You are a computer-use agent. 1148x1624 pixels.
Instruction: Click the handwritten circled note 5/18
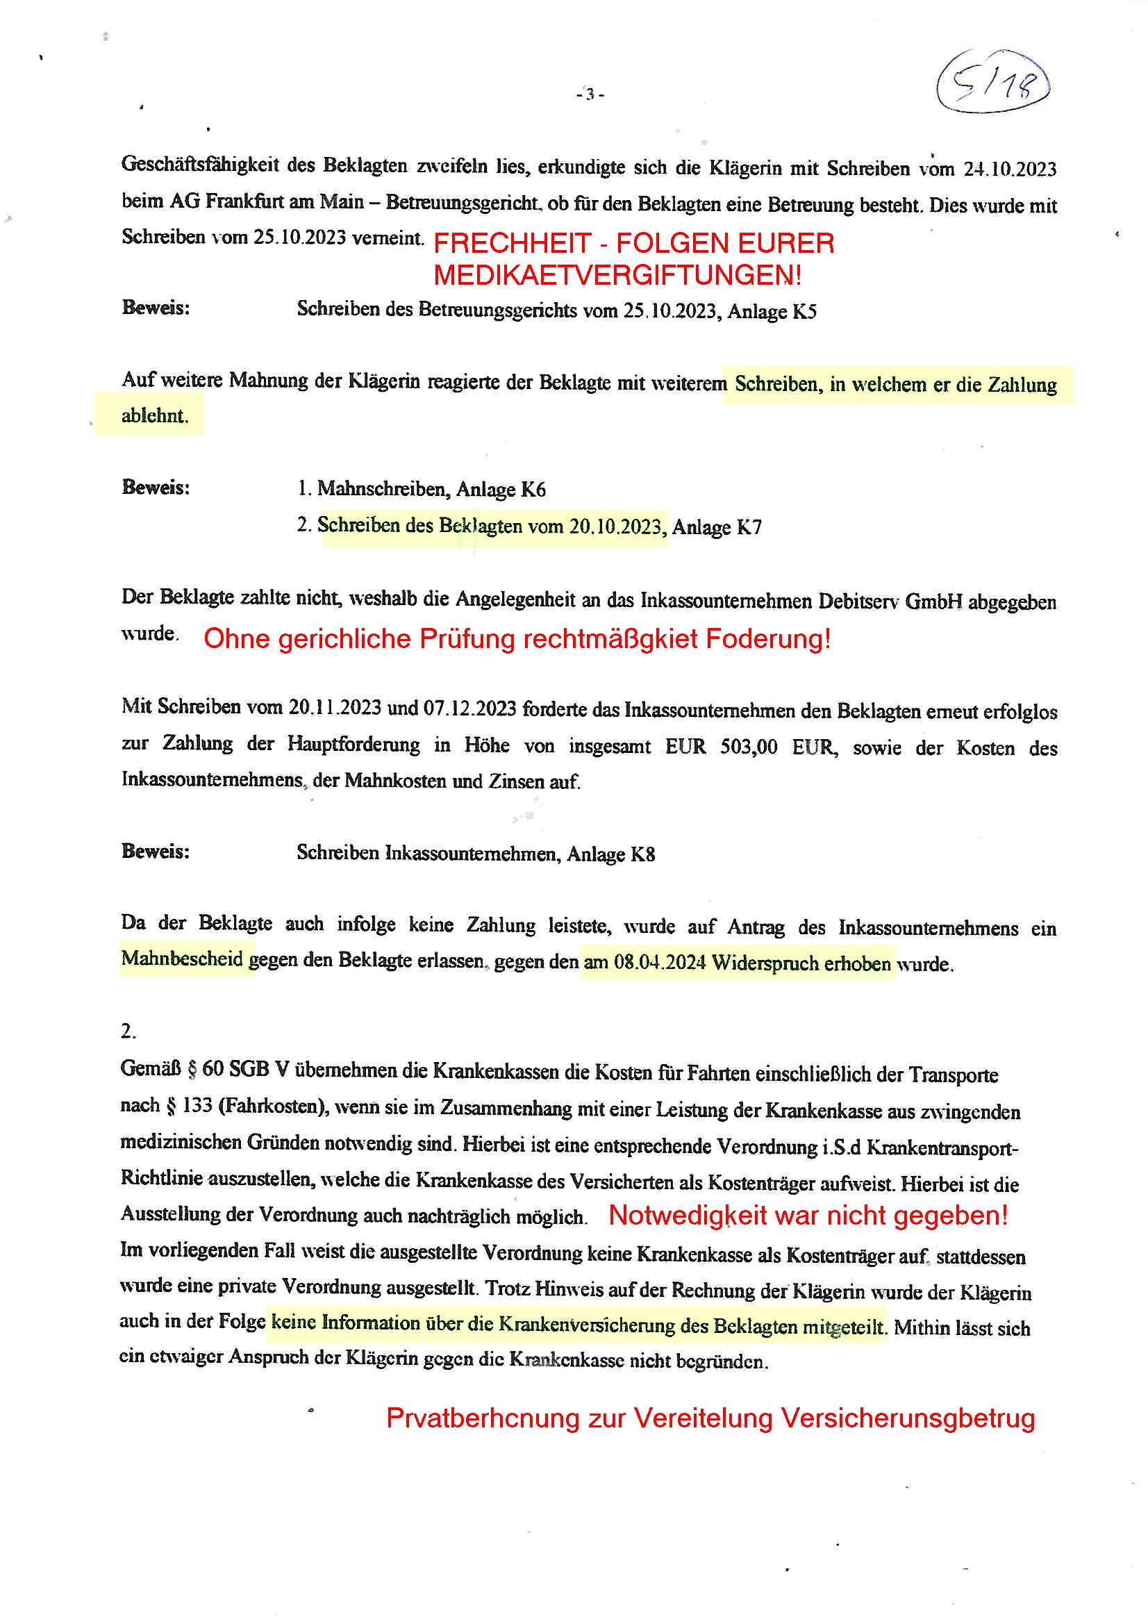coord(992,83)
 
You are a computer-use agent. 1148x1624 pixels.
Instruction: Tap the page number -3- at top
coord(589,93)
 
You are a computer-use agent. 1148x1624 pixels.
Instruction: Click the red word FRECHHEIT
coord(511,243)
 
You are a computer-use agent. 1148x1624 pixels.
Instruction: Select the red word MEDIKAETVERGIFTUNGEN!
coord(617,275)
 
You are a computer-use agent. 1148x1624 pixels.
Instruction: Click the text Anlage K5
coord(772,311)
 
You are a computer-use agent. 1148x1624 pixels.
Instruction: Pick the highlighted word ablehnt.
coord(155,415)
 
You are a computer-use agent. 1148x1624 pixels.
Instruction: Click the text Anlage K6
coord(501,490)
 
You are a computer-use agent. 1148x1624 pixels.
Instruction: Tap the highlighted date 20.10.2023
coord(616,527)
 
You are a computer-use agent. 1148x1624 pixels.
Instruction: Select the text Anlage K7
coord(717,528)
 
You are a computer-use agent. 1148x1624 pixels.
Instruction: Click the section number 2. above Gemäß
coord(128,1031)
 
